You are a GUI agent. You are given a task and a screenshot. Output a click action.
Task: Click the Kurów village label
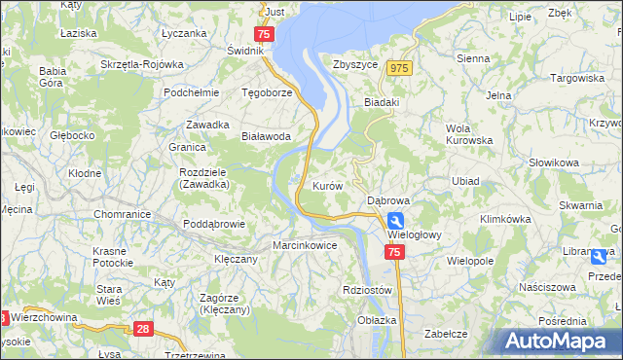(x=326, y=185)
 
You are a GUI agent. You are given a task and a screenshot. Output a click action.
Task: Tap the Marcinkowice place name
(x=305, y=245)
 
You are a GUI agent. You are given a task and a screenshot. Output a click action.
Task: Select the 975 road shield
(x=398, y=68)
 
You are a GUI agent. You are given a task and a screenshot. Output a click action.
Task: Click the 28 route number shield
(x=144, y=330)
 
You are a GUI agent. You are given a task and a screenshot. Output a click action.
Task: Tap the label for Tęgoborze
(x=267, y=92)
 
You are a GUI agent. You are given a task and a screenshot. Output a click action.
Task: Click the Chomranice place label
(x=121, y=214)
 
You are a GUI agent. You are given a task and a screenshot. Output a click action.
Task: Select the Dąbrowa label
(x=388, y=199)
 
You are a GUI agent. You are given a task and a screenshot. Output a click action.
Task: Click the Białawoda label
(x=266, y=137)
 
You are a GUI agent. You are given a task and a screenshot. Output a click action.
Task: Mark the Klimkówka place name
(x=504, y=220)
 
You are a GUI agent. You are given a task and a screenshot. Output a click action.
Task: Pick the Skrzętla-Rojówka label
(x=141, y=64)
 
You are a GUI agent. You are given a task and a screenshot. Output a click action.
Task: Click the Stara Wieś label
(x=108, y=295)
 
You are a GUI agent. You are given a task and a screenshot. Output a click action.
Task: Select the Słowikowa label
(x=554, y=162)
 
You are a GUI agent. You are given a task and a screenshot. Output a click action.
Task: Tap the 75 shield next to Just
(x=267, y=33)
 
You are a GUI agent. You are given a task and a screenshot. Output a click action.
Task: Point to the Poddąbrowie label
(x=213, y=224)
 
